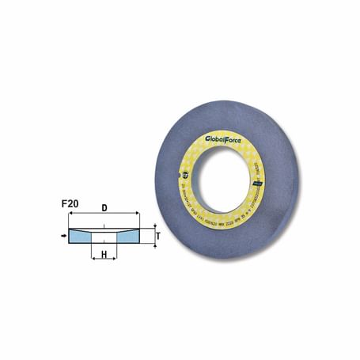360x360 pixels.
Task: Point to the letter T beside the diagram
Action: point(157,235)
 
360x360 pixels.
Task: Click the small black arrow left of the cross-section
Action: point(63,235)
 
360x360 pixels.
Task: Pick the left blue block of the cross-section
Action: point(82,235)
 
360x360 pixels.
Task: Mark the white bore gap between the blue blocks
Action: point(104,235)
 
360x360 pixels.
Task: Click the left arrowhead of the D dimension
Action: point(71,216)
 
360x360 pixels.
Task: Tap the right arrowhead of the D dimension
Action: point(137,216)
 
